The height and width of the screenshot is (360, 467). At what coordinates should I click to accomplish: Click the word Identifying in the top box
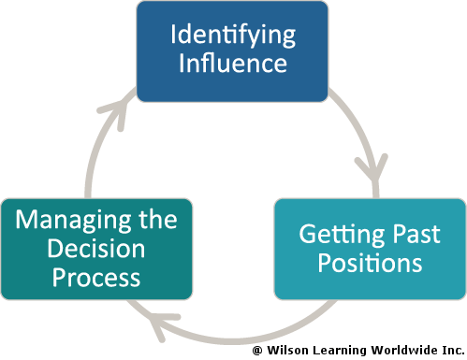[233, 36]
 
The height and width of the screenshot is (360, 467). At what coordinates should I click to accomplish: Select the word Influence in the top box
[233, 65]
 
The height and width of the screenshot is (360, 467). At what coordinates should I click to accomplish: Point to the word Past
[409, 235]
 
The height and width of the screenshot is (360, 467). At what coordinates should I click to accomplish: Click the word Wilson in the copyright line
[288, 350]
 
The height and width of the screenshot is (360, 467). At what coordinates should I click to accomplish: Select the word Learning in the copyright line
[339, 350]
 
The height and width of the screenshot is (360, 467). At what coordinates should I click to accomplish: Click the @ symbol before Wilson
[255, 350]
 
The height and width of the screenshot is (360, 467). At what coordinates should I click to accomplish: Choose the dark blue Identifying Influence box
[233, 50]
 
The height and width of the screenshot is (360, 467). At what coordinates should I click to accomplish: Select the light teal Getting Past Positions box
[369, 249]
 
